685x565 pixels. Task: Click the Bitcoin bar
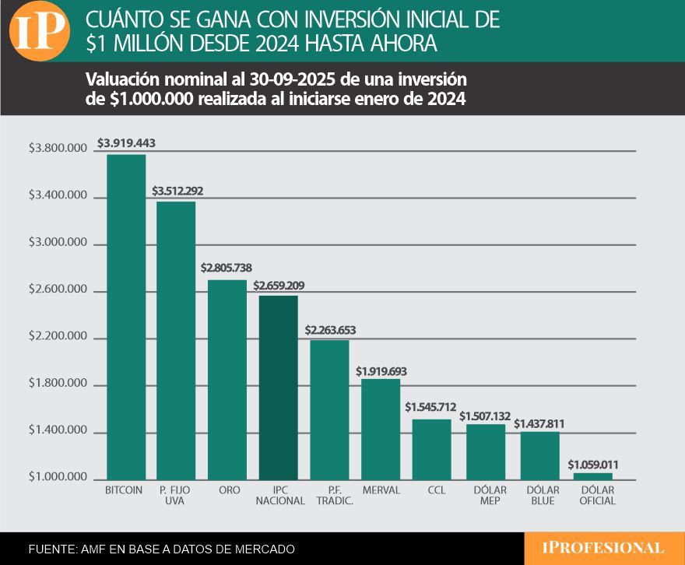pos(126,317)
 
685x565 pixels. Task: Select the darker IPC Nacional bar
pos(279,388)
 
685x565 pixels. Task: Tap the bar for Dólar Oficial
pos(593,476)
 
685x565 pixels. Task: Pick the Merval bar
pos(381,430)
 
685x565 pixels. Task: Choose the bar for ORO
pos(227,380)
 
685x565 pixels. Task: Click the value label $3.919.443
pos(127,143)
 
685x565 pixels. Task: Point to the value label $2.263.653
pos(330,330)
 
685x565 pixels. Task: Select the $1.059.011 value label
pos(593,464)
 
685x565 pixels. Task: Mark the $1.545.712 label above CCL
pos(430,407)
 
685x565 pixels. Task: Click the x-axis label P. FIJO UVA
pos(174,496)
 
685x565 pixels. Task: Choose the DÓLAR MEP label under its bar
pos(490,496)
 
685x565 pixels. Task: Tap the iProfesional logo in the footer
pos(603,548)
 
